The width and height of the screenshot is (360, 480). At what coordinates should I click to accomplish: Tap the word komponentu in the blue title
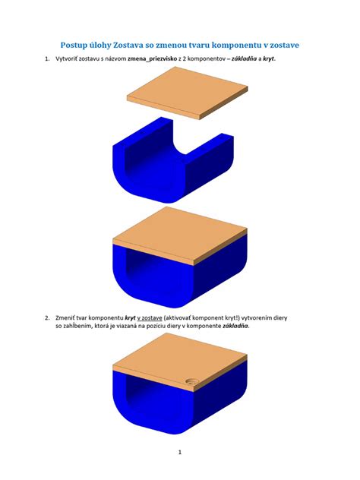(235, 45)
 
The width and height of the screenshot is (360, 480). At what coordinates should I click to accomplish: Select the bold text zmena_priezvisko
(153, 58)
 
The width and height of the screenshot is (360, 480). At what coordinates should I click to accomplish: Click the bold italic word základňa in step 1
(244, 58)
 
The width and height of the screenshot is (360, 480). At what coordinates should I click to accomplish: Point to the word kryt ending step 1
(268, 58)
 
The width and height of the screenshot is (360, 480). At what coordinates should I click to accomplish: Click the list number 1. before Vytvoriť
(47, 58)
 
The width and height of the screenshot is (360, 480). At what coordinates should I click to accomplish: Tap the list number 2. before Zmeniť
(47, 317)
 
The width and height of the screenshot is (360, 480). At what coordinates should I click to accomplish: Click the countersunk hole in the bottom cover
(192, 381)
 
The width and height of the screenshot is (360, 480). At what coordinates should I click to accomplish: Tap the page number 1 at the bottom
(180, 452)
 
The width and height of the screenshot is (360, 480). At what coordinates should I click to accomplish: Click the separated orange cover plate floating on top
(188, 93)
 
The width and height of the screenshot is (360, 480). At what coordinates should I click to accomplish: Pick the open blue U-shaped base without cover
(173, 159)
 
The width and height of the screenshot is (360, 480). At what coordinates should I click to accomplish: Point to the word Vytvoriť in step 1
(66, 58)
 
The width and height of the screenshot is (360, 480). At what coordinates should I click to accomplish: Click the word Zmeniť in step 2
(65, 318)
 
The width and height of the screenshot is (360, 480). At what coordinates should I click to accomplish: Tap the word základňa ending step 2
(235, 326)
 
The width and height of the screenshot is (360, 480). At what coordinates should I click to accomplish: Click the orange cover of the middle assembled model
(180, 235)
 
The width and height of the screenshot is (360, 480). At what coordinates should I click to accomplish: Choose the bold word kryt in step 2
(130, 318)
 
